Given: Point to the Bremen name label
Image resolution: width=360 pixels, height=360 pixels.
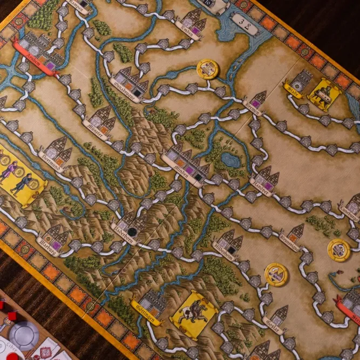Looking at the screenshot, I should click(252, 105).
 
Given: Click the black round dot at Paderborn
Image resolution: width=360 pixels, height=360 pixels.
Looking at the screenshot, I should click(131, 231).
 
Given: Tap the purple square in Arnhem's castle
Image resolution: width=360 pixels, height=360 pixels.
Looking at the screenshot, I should click(50, 64).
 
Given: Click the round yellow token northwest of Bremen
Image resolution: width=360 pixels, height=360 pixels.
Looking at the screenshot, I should click(207, 69).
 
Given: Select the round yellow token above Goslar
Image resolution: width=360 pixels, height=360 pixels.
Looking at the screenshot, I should click(276, 274).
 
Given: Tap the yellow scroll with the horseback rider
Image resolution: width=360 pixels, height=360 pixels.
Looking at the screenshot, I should click(193, 314).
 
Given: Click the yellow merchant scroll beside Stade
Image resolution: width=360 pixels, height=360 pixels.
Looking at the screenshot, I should click(324, 95).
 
